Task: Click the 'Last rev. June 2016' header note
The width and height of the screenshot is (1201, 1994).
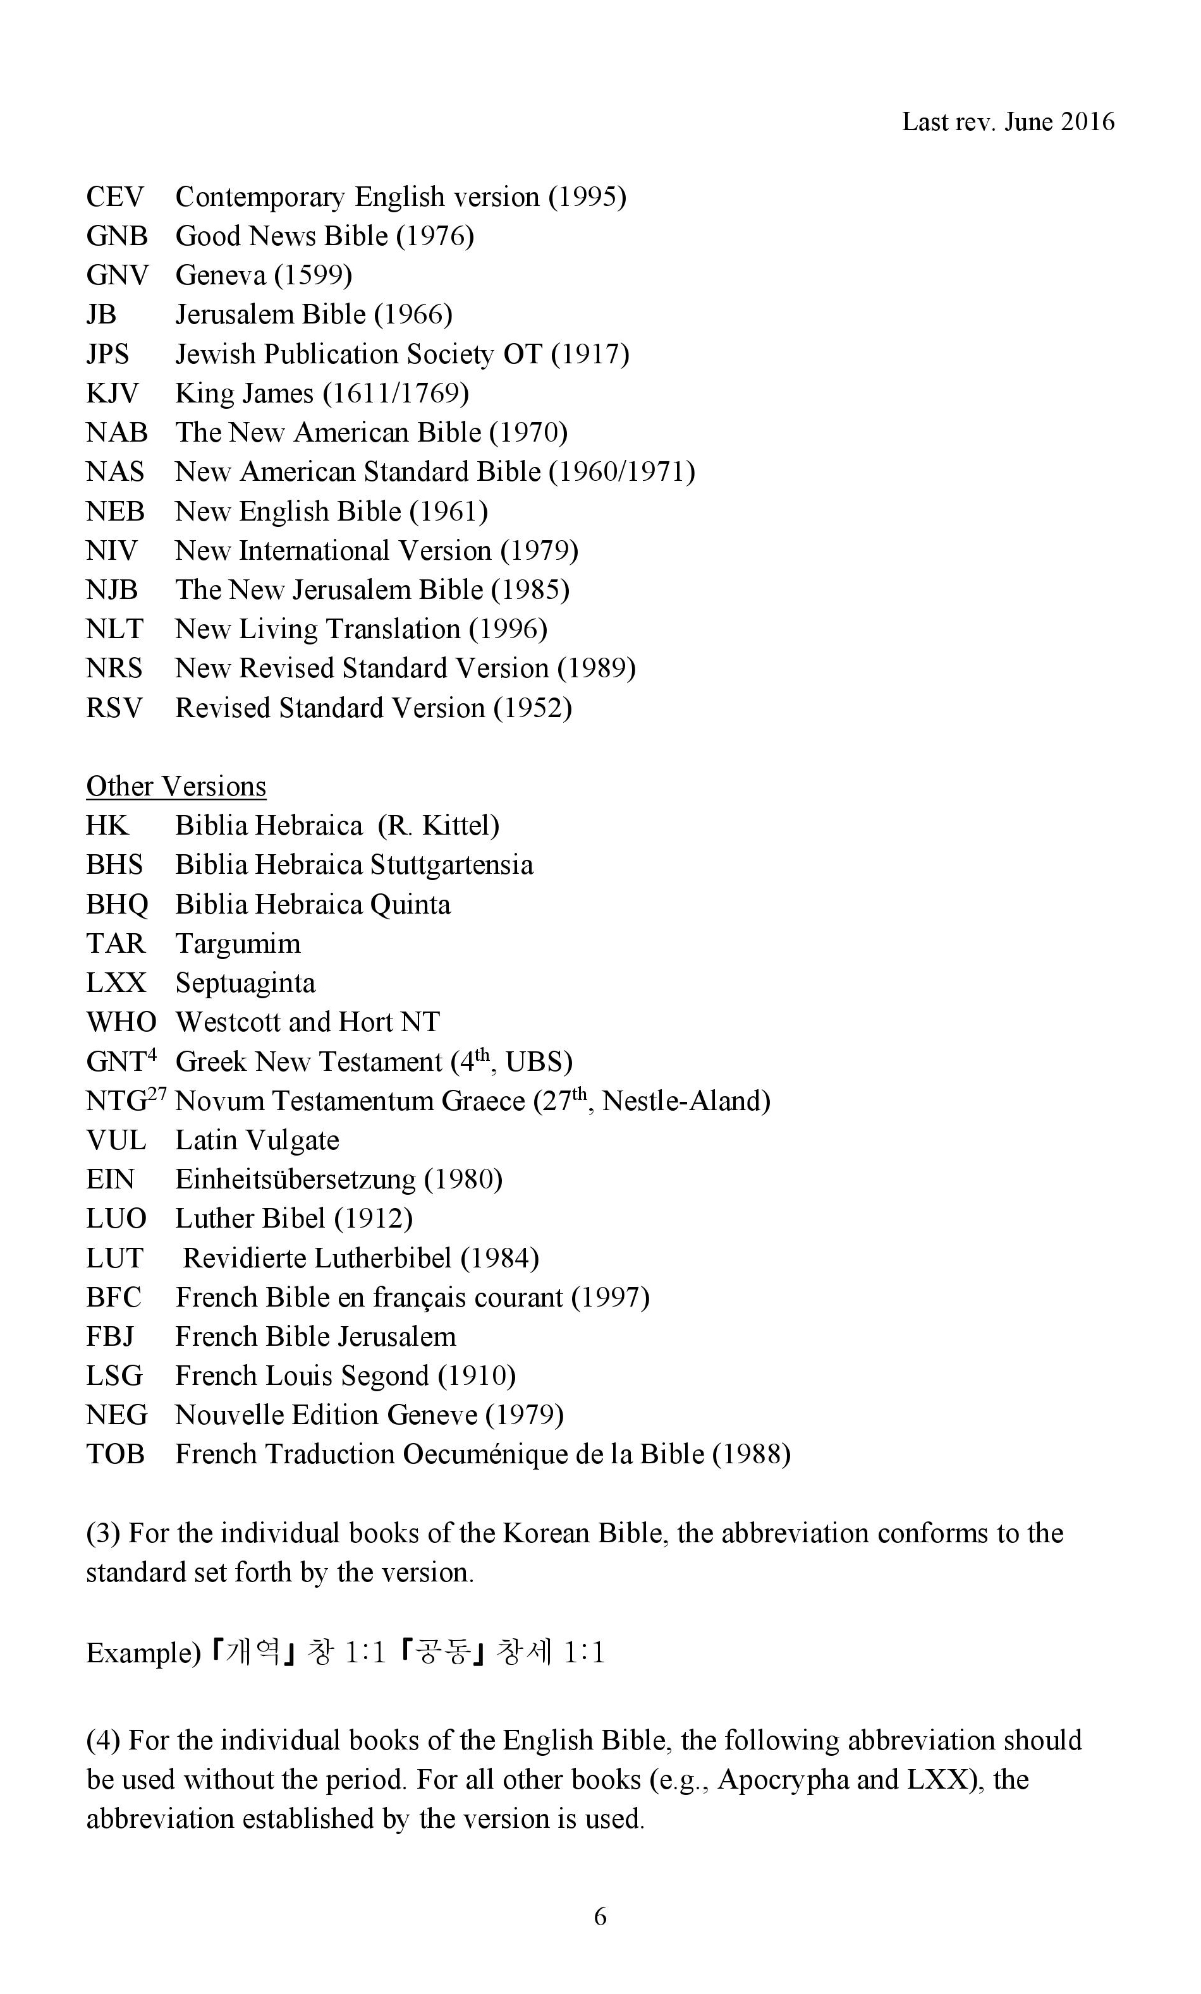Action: [1008, 121]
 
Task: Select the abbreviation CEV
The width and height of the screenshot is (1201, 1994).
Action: [115, 196]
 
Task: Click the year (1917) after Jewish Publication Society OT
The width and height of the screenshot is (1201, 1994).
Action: [590, 354]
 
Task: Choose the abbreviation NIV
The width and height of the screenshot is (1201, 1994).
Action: [112, 550]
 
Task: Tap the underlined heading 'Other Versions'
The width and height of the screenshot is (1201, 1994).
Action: [176, 786]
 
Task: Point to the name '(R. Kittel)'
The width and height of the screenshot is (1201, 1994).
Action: [438, 825]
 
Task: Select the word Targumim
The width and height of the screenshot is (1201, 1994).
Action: [238, 943]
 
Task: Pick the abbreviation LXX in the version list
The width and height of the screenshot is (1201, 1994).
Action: [116, 983]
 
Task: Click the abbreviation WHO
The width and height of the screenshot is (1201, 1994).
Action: [121, 1022]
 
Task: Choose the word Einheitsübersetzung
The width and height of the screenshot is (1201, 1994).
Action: [295, 1180]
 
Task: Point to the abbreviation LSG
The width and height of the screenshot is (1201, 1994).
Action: [114, 1375]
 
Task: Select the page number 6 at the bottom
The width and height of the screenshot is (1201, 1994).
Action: [600, 1916]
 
